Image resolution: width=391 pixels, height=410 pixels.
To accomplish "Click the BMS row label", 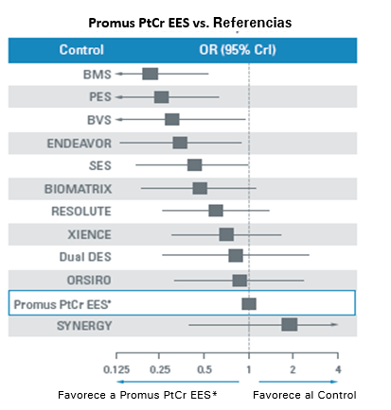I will (95, 74).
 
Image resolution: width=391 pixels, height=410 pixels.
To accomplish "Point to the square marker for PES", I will (161, 96).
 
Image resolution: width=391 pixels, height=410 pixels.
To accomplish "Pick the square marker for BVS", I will (171, 119).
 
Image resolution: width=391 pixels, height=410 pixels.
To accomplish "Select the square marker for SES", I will (194, 165).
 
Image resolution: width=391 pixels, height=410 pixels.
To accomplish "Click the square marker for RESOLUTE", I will (216, 211).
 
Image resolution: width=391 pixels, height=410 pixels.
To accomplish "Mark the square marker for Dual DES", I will (236, 256).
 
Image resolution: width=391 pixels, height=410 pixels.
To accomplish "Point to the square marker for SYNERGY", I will (290, 325).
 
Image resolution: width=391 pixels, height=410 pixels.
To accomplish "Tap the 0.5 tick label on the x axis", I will (204, 368).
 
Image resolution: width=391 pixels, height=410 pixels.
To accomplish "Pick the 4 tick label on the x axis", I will (337, 368).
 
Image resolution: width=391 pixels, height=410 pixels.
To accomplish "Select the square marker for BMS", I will (150, 74).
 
